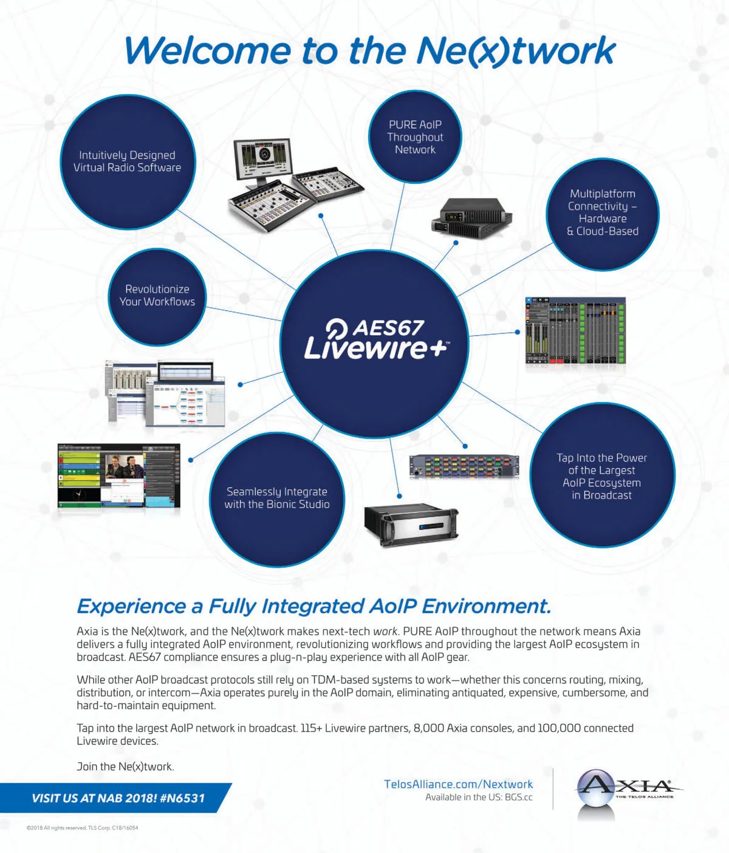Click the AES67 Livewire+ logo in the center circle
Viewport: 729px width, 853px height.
377,338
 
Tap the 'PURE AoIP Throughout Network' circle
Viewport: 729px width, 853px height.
415,137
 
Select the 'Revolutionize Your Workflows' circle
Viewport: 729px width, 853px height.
157,297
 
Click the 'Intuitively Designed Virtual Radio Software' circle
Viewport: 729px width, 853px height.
128,161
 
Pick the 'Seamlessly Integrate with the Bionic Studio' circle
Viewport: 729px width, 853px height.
277,499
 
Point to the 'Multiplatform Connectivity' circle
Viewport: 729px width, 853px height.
603,214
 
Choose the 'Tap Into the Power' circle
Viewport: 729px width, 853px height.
602,475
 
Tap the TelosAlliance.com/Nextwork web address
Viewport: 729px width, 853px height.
459,784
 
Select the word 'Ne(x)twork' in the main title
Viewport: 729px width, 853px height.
516,51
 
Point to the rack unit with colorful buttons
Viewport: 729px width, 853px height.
464,466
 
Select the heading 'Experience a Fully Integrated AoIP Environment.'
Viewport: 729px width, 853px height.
314,607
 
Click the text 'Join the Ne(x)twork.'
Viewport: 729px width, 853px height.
125,766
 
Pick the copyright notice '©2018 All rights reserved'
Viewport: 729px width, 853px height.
56,828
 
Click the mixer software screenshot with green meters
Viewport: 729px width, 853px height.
575,330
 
